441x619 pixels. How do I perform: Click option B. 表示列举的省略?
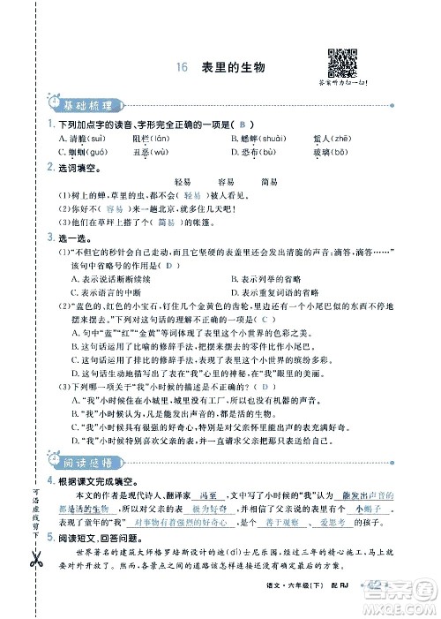[275, 278]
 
